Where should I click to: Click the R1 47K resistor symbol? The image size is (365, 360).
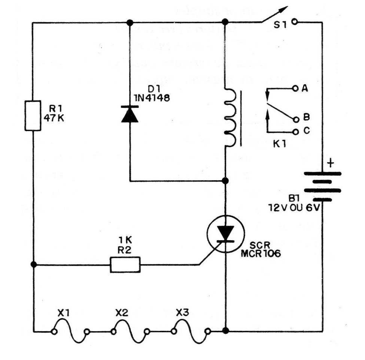point(33,115)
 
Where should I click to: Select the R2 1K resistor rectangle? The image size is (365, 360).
point(125,264)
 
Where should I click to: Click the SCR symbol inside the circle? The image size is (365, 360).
point(226,234)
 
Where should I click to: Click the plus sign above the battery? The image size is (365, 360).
point(331,163)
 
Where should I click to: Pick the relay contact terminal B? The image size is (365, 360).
point(296,120)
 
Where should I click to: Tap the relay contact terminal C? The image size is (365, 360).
point(296,132)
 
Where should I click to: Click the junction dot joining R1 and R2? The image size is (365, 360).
point(33,264)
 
